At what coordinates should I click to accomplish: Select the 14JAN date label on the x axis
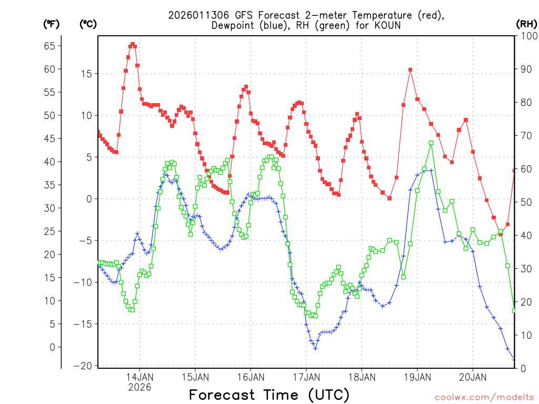pyautogui.click(x=139, y=377)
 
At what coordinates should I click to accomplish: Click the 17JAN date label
pyautogui.click(x=306, y=377)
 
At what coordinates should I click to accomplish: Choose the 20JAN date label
pyautogui.click(x=472, y=377)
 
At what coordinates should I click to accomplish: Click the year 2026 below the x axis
pyautogui.click(x=139, y=387)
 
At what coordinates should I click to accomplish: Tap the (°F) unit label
pyautogui.click(x=51, y=24)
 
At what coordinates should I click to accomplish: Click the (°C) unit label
pyautogui.click(x=87, y=24)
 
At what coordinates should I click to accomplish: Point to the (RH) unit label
pyautogui.click(x=526, y=24)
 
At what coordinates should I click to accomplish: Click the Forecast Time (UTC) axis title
pyautogui.click(x=269, y=395)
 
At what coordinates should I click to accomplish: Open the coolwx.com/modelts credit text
pyautogui.click(x=484, y=397)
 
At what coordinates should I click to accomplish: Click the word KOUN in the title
pyautogui.click(x=388, y=25)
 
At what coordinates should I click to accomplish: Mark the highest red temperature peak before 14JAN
pyautogui.click(x=133, y=44)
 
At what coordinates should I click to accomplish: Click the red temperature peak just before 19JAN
pyautogui.click(x=410, y=69)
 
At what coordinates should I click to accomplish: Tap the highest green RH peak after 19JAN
pyautogui.click(x=431, y=143)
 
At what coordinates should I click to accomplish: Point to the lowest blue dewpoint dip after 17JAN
pyautogui.click(x=315, y=348)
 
